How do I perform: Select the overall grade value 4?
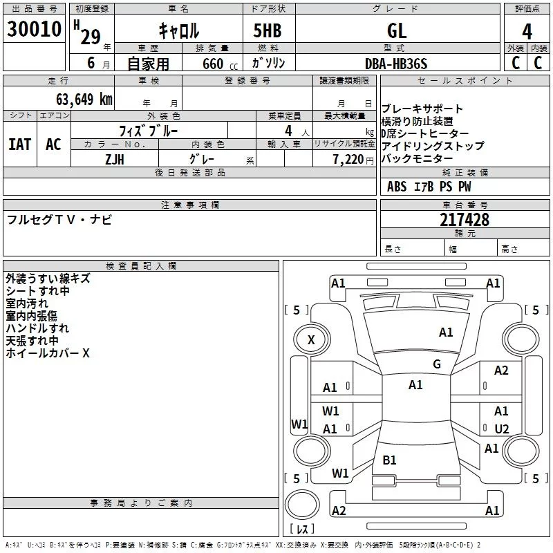click(527, 32)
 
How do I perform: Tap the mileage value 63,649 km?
click(77, 99)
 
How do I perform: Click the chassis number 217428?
click(465, 220)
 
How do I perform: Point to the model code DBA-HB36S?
click(396, 64)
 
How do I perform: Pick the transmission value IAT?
click(19, 144)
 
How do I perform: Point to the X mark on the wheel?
click(311, 339)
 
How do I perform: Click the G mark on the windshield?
click(437, 364)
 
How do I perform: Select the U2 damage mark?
click(502, 429)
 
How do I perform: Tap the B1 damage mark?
click(390, 460)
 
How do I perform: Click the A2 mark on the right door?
click(501, 371)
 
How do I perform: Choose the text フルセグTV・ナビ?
click(59, 220)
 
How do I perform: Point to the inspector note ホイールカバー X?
click(48, 353)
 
